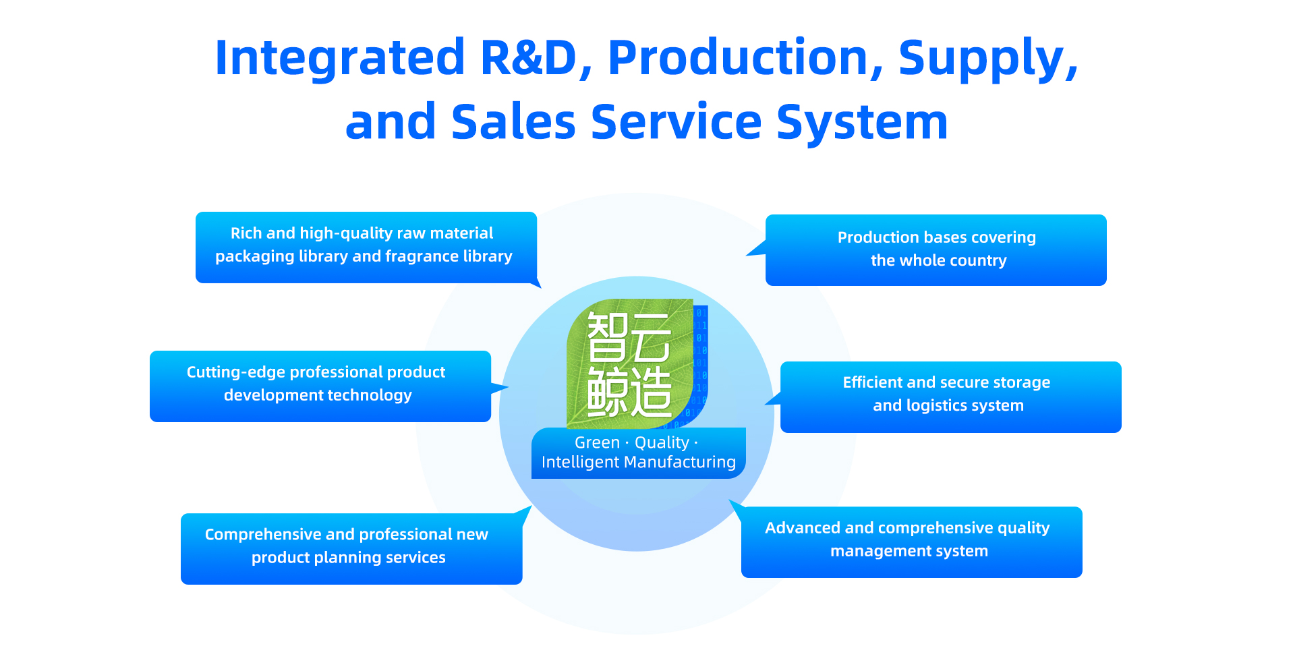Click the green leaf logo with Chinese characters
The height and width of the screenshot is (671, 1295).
click(631, 363)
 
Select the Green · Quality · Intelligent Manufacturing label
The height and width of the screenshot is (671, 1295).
click(638, 453)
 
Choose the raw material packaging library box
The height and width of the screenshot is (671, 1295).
click(366, 247)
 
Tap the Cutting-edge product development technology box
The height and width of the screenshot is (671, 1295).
click(320, 386)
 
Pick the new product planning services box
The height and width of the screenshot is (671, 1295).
click(351, 548)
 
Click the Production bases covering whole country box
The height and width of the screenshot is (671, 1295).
click(936, 250)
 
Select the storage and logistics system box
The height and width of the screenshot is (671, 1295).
click(950, 397)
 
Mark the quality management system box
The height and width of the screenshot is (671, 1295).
click(911, 542)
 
